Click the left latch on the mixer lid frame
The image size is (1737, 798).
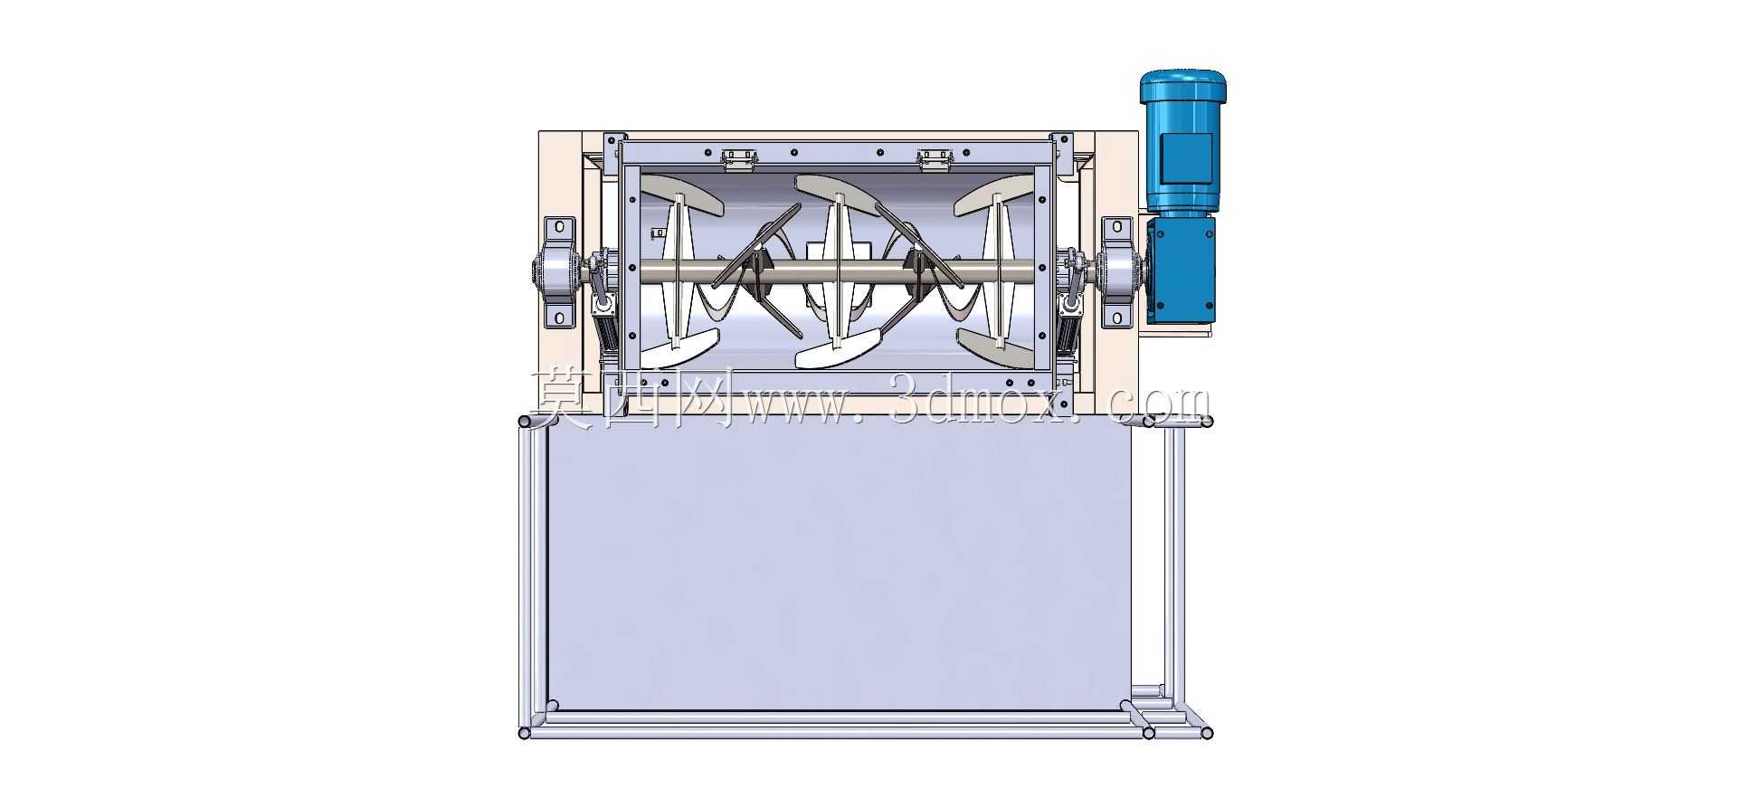coord(739,159)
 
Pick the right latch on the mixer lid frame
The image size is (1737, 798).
coord(935,159)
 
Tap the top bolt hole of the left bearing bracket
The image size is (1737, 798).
coord(559,225)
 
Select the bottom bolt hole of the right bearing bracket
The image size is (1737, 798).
coord(1117,318)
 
